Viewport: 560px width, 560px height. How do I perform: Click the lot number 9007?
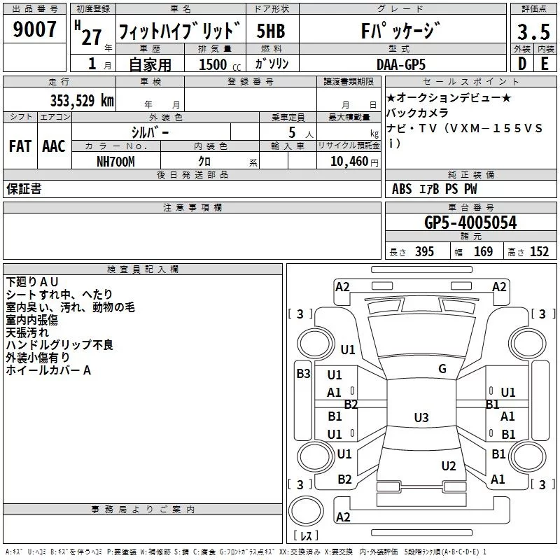point(34,31)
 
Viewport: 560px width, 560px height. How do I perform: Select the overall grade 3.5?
point(532,32)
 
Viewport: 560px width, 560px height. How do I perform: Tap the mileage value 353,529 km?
point(82,100)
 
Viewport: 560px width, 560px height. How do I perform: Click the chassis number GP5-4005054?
point(470,223)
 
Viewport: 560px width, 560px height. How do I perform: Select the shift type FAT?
point(20,146)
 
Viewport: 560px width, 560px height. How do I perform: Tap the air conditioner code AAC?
point(54,146)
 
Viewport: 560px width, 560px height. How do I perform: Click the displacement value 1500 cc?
point(216,64)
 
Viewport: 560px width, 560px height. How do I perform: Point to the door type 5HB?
point(270,31)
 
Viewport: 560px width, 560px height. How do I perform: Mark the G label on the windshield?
point(442,369)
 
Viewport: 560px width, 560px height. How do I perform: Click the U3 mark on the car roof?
point(421,418)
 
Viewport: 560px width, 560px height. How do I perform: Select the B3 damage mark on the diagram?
point(303,374)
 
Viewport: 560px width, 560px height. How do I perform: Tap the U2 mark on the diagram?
point(449,466)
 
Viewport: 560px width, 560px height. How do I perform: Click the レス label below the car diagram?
point(306,537)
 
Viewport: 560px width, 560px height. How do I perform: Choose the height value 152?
point(539,252)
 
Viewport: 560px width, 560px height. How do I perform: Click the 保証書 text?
point(24,189)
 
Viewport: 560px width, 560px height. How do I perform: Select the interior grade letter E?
point(545,64)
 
